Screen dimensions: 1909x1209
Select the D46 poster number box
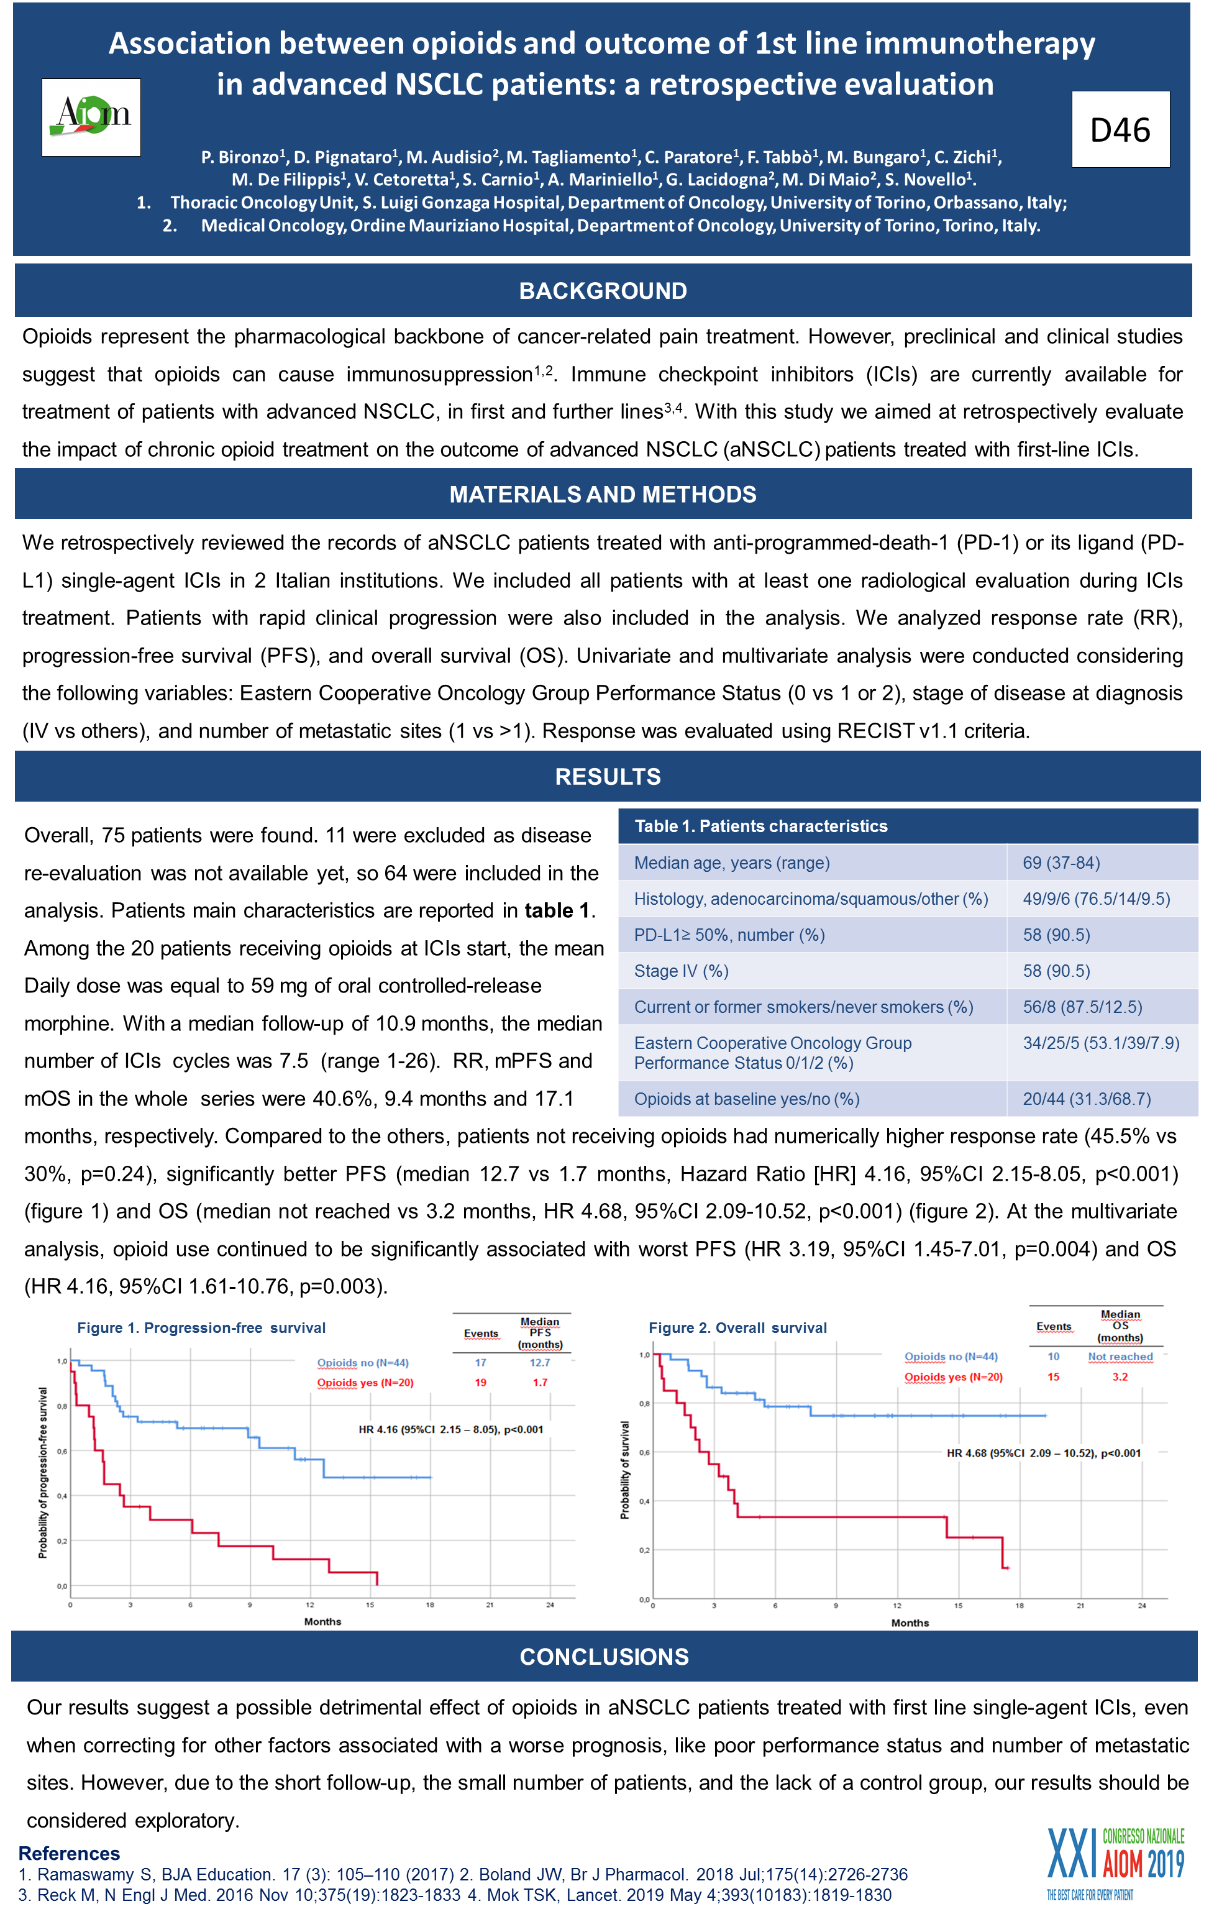click(x=1120, y=129)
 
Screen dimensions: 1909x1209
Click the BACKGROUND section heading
click(x=603, y=291)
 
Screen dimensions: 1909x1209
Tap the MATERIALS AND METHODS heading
click(x=603, y=494)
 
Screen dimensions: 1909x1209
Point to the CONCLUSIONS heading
click(x=604, y=1656)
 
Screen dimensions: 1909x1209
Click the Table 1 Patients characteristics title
click(x=760, y=826)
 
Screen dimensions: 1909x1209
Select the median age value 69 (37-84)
click(x=1061, y=863)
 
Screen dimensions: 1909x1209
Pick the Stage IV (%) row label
click(x=681, y=971)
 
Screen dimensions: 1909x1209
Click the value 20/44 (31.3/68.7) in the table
click(x=1086, y=1098)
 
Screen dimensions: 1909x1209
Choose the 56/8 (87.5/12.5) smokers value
click(x=1082, y=1007)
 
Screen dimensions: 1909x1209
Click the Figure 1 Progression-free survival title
click(x=201, y=1328)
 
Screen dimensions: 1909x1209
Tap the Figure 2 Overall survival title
click(x=737, y=1328)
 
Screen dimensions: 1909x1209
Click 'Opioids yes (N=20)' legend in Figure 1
click(x=365, y=1383)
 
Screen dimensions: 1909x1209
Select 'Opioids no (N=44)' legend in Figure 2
click(x=951, y=1357)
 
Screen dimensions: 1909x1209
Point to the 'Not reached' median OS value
click(x=1120, y=1357)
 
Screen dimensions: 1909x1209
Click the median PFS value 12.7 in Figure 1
click(x=540, y=1363)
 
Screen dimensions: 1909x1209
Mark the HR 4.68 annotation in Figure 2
click(x=1043, y=1453)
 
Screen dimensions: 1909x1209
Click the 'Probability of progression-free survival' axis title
click(x=43, y=1472)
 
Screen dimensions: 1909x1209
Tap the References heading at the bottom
click(x=69, y=1854)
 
